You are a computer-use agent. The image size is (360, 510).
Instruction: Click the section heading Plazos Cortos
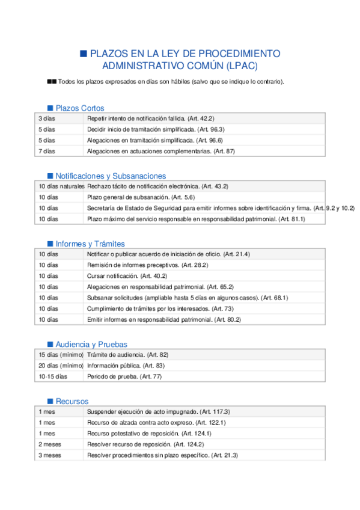[x=79, y=108]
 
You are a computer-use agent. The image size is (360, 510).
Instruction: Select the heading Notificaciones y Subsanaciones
[x=111, y=176]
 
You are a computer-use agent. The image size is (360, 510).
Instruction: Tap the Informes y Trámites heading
[x=90, y=244]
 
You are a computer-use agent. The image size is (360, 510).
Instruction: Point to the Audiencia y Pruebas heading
[x=91, y=345]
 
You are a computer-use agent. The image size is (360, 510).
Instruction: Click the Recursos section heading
[x=72, y=401]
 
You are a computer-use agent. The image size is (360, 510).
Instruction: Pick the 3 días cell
[x=47, y=119]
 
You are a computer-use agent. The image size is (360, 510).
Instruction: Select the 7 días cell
[x=47, y=151]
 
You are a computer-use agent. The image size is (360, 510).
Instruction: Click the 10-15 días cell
[x=53, y=376]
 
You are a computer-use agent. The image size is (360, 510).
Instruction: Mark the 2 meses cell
[x=50, y=444]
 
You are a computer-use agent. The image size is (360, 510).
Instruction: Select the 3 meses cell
[x=50, y=455]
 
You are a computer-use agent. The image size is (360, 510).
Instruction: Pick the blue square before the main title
[x=84, y=53]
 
